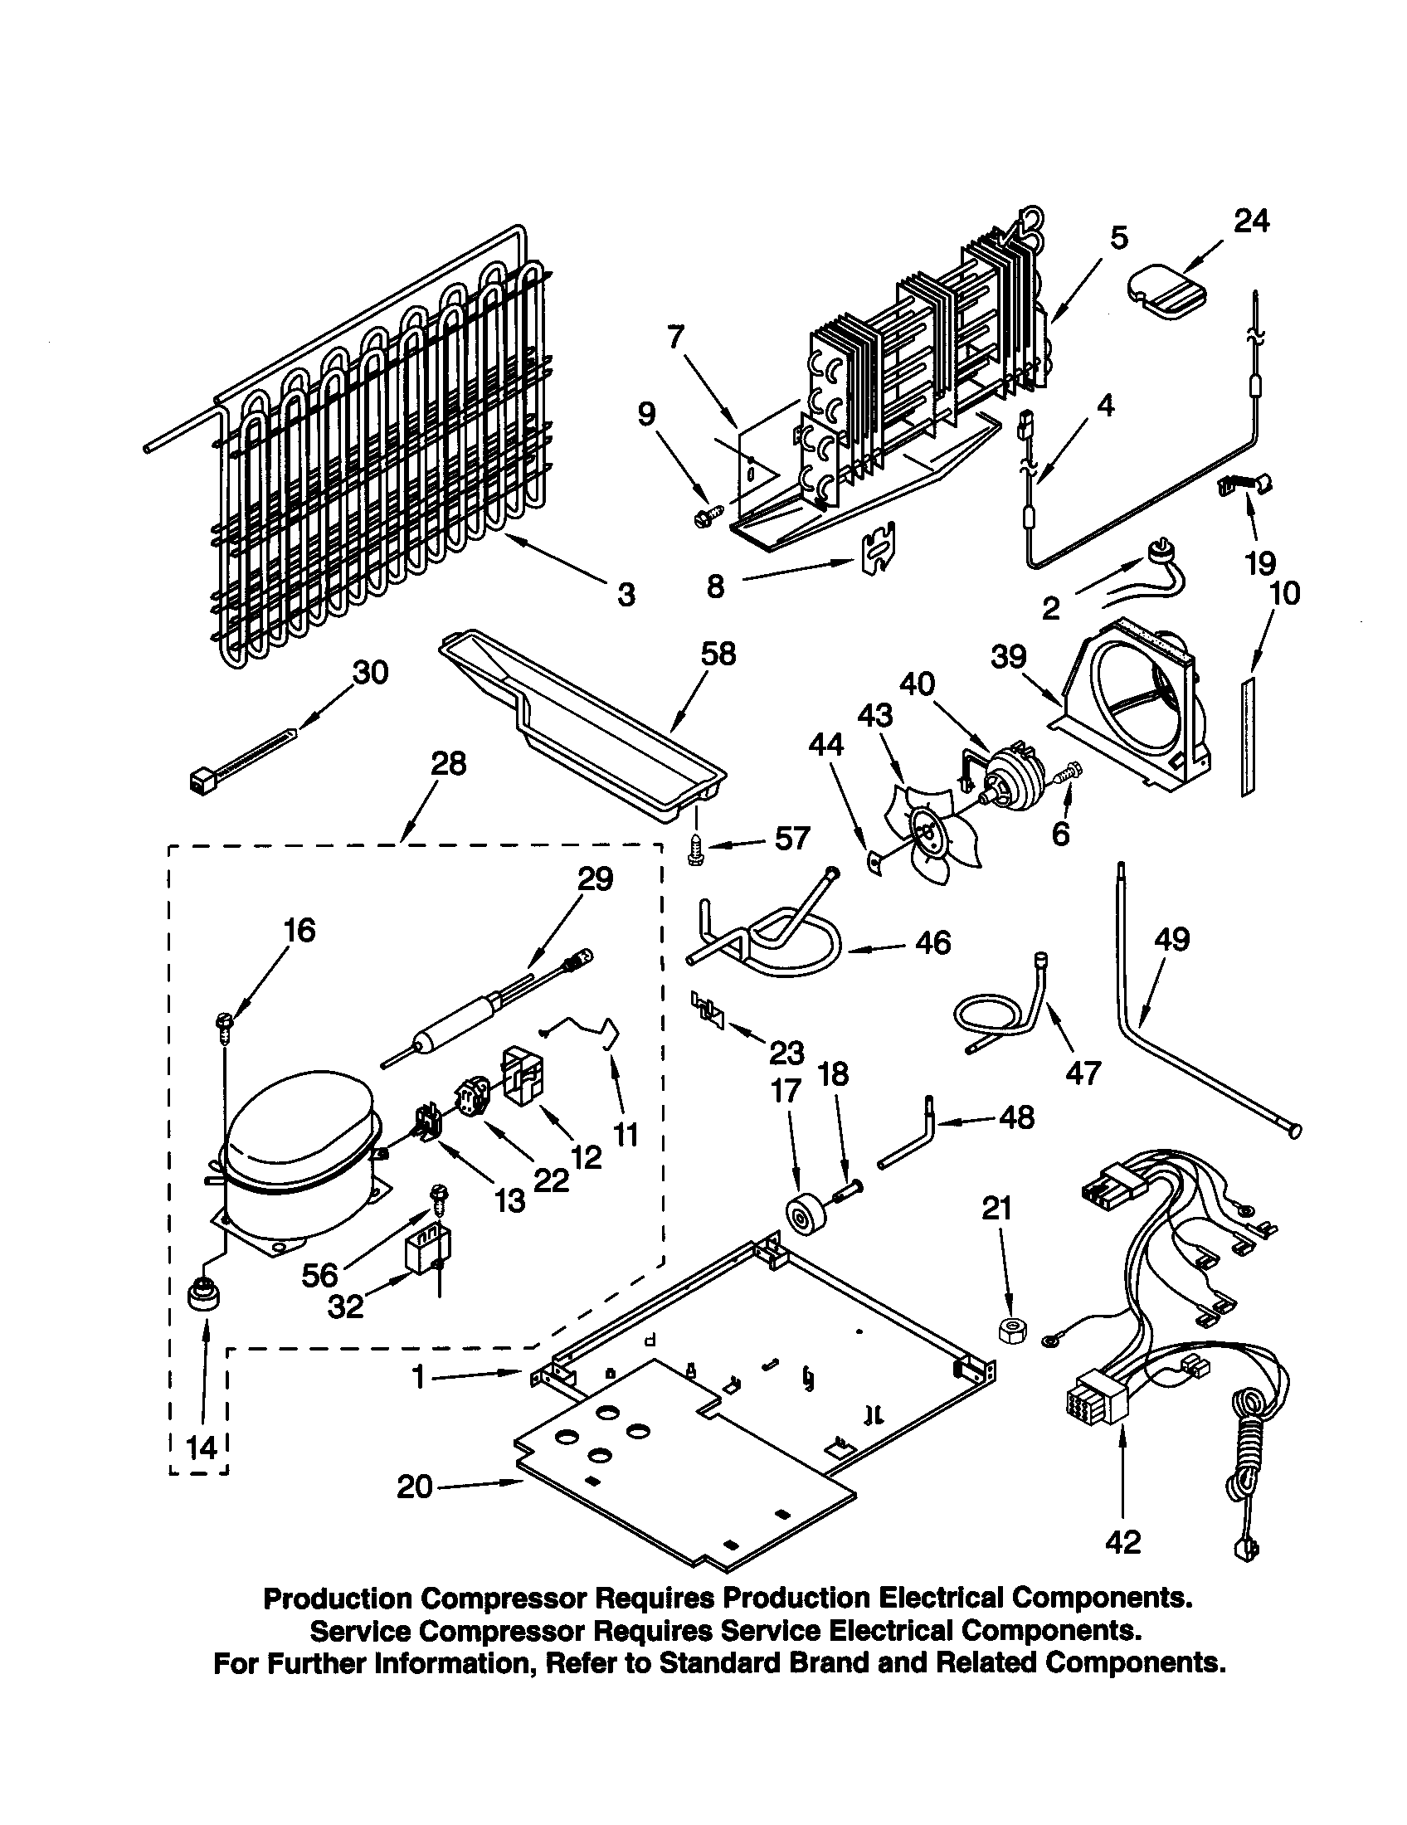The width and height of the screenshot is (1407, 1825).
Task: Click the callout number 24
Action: coord(1251,222)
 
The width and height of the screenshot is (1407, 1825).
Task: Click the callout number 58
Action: coord(718,654)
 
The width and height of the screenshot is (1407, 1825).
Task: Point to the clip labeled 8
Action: coord(876,549)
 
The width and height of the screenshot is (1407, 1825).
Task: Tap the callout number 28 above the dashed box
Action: coord(448,763)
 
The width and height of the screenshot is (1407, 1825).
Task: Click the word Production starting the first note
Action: coord(338,1599)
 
